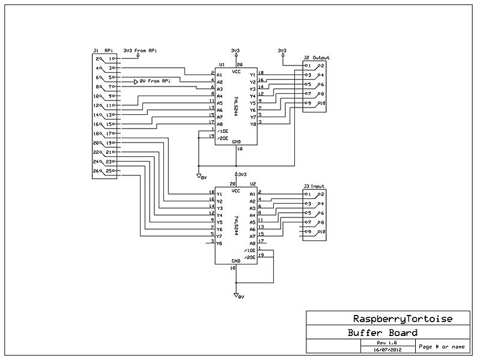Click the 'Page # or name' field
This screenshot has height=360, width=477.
[442, 346]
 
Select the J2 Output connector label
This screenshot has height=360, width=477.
[317, 58]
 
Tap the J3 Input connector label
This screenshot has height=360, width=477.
[314, 187]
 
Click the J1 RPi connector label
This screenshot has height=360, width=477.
[100, 50]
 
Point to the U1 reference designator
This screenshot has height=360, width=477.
[221, 64]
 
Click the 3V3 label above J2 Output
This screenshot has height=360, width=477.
[282, 50]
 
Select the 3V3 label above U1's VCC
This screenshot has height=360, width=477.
[236, 50]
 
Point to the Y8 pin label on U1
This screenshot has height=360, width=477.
[252, 124]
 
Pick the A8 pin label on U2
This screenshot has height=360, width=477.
[252, 243]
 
